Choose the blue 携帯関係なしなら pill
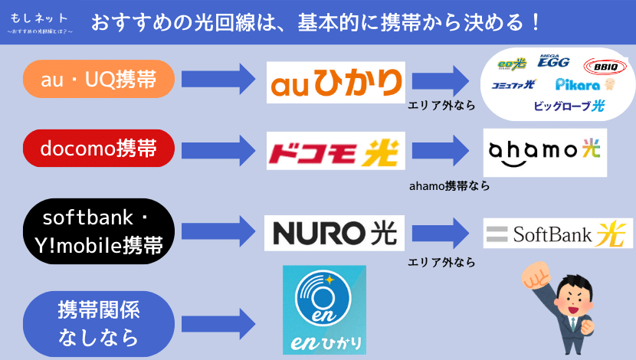[100, 322]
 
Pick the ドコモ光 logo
[336, 151]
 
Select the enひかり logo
[324, 309]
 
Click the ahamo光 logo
[546, 152]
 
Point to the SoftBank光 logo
[557, 233]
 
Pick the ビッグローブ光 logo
[569, 106]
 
